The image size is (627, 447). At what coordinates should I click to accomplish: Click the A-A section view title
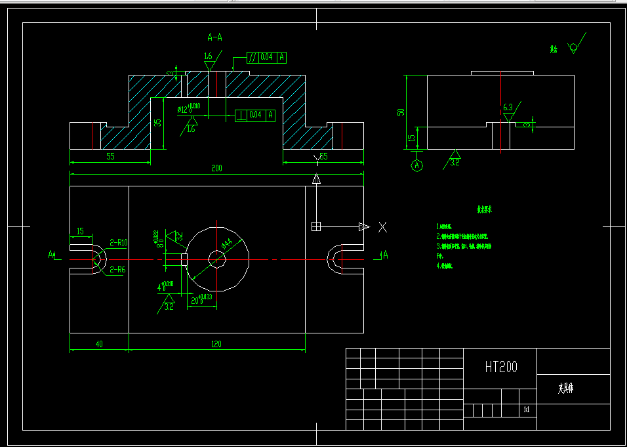point(214,37)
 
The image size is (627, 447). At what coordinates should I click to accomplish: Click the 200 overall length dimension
point(216,169)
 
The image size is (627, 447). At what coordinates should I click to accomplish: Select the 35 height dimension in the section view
point(157,122)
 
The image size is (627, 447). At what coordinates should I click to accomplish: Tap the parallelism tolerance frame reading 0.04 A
point(266,58)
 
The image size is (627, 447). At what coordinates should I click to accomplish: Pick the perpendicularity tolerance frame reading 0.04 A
point(254,116)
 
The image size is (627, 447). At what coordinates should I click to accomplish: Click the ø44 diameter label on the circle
point(226,244)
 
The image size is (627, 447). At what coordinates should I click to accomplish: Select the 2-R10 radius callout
point(119,243)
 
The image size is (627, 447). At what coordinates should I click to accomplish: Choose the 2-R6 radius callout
point(119,269)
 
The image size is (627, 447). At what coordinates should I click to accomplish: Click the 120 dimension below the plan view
point(216,344)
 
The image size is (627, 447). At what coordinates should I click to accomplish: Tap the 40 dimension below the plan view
point(99,344)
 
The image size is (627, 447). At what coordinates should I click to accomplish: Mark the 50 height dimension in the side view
point(401,112)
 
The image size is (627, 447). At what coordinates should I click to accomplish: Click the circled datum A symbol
point(417,165)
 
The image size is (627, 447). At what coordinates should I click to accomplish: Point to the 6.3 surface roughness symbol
point(508,108)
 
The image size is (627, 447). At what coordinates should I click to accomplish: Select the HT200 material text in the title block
point(501,367)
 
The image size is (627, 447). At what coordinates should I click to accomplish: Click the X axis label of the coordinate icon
point(383,227)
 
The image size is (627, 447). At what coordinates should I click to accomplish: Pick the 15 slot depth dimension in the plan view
point(80,231)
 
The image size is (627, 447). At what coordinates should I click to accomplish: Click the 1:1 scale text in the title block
point(526,410)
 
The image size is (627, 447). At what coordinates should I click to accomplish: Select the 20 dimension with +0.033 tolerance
point(199,299)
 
